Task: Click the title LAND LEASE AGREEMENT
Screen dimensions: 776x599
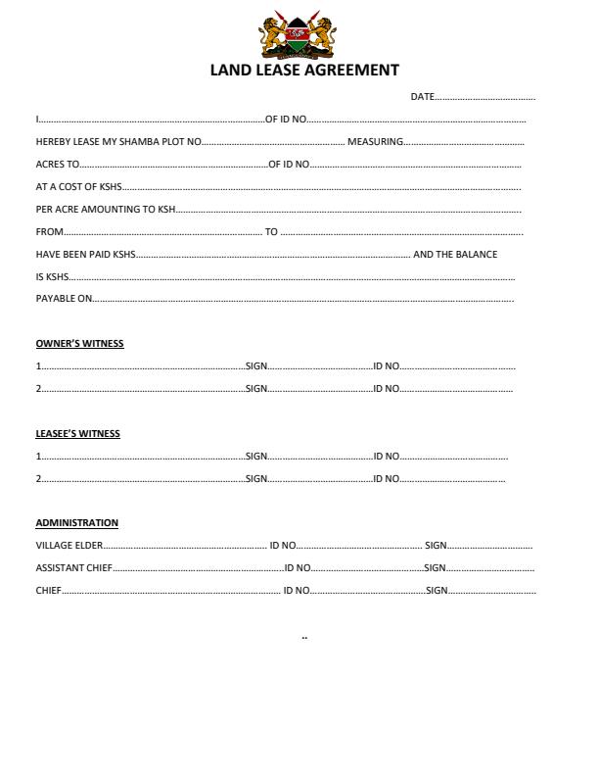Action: [304, 71]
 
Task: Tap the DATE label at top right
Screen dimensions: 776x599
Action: [422, 97]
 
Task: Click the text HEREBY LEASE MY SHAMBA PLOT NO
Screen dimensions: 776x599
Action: [118, 142]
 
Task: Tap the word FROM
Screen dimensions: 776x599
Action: [50, 232]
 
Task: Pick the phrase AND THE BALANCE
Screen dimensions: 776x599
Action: [455, 255]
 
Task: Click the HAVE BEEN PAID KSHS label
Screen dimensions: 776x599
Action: [85, 255]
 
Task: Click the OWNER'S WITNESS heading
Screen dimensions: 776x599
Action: [80, 344]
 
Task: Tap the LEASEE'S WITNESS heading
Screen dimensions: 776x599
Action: [78, 433]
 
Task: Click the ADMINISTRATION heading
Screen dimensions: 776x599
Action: [77, 523]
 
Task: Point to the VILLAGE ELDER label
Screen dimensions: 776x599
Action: [69, 546]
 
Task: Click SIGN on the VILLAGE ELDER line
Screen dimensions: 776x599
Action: [436, 546]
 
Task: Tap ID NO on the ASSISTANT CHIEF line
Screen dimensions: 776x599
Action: [298, 568]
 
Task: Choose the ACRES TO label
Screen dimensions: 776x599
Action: [58, 165]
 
